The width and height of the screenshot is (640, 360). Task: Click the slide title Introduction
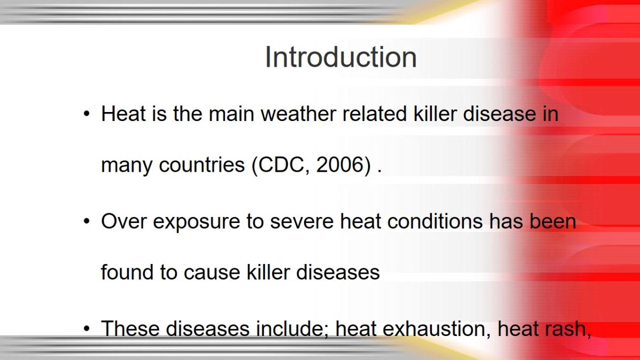coord(341,57)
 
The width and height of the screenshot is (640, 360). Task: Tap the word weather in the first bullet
coord(298,114)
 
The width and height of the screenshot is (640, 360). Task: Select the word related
coord(374,114)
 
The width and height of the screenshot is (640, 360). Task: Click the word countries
coord(202,165)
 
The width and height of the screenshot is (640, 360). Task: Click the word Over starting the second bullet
coord(124,221)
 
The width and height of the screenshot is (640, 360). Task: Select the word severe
coord(302,222)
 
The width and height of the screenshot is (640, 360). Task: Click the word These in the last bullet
coord(131,329)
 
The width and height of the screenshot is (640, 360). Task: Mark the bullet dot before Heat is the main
coord(86,114)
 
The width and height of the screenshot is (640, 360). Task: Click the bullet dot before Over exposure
coord(86,221)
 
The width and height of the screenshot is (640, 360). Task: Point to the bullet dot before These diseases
coord(86,329)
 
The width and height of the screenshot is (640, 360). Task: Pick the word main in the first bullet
coord(231,114)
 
